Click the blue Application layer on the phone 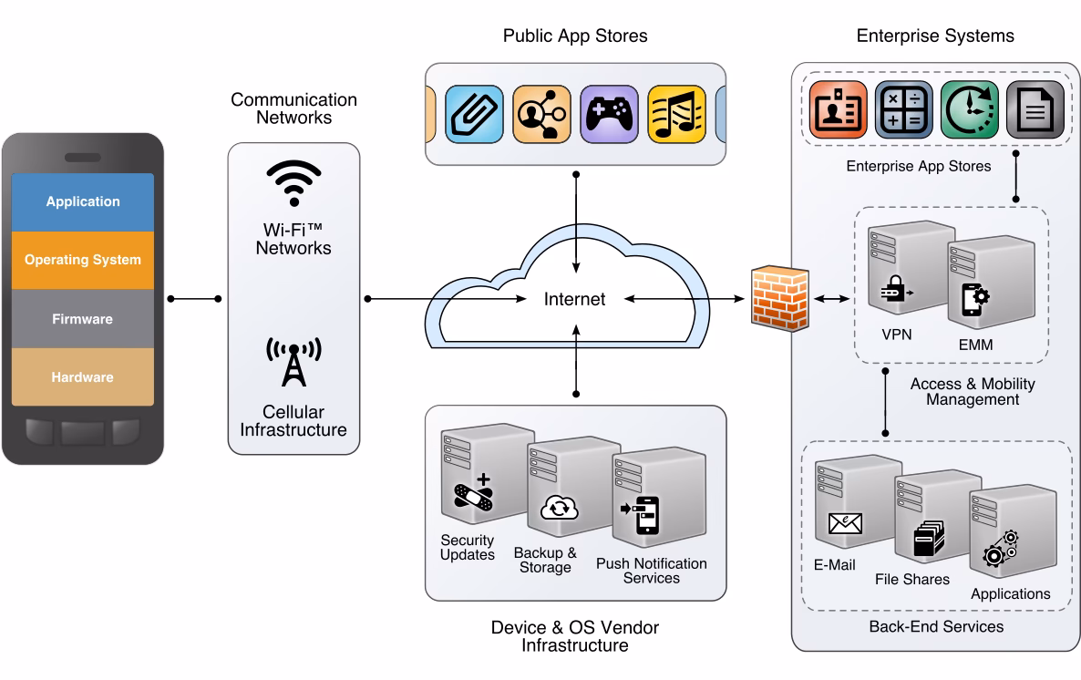tap(83, 201)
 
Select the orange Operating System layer tap(83, 260)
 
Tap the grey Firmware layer tap(83, 319)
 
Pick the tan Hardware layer tap(83, 377)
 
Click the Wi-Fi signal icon tap(293, 184)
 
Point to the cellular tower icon tap(293, 362)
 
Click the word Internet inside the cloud tap(574, 299)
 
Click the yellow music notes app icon tap(675, 113)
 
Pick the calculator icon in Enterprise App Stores tap(903, 110)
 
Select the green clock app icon tap(969, 110)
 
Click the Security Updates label tap(467, 547)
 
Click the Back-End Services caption tap(935, 626)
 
